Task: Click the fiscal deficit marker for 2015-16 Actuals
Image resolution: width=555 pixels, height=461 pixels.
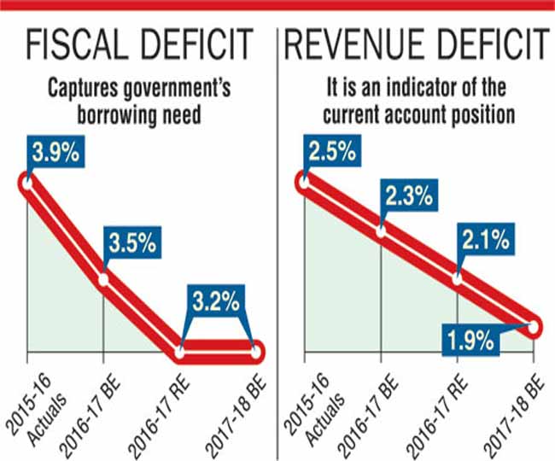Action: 26,182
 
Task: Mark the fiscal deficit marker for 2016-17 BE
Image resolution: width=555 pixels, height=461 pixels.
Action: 103,279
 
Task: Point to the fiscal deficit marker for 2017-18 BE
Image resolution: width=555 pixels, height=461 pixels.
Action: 257,351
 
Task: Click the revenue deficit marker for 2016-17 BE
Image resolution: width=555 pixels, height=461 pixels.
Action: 380,230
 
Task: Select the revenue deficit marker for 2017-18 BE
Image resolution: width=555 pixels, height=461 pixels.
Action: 535,327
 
